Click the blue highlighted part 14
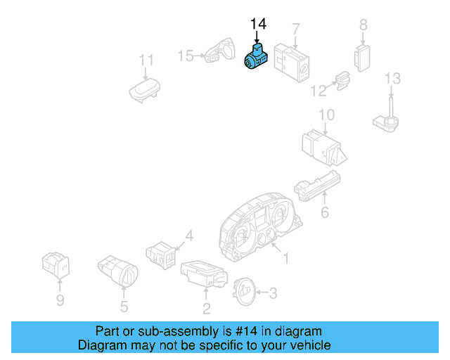click(256, 57)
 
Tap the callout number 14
click(258, 24)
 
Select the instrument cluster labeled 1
click(260, 227)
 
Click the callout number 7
click(296, 30)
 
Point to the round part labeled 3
click(244, 292)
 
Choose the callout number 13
click(392, 78)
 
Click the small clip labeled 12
click(343, 80)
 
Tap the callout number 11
click(146, 60)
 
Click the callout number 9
click(60, 300)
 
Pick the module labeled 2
click(204, 274)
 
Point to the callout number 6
click(325, 212)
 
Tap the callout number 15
click(186, 56)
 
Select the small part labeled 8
click(362, 58)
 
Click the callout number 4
click(189, 236)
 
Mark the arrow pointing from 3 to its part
click(262, 292)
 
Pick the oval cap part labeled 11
click(144, 91)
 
